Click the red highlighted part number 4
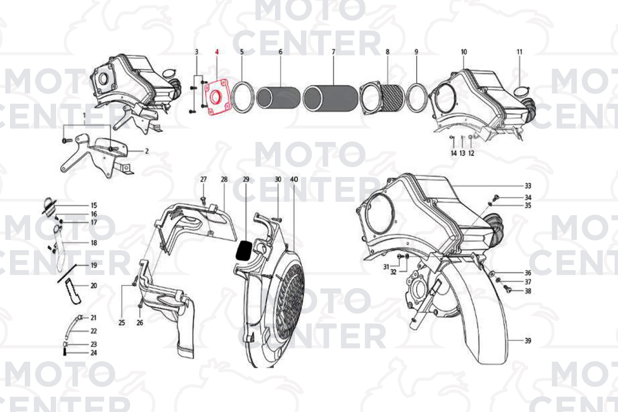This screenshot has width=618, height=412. coord(217,52)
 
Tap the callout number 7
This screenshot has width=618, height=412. coord(333,52)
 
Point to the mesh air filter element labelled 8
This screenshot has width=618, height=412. coord(382,98)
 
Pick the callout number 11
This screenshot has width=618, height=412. coord(520,52)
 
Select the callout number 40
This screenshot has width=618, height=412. coord(294,179)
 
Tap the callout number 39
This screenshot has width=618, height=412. coord(528,341)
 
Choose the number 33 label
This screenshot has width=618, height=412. coord(528,186)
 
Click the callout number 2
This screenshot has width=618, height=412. coord(147,151)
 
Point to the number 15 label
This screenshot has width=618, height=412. coord(94,206)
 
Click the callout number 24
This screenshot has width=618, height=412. coord(94,353)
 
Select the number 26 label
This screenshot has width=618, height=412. coord(140,323)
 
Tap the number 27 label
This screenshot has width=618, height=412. coord(203,179)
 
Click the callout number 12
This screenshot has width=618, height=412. coord(471,153)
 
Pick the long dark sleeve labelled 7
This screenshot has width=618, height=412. coord(330,98)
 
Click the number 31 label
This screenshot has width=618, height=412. coord(386,267)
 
